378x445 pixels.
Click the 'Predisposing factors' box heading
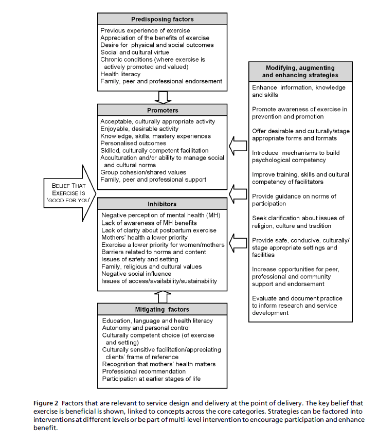click(162, 19)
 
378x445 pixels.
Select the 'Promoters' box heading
click(162, 110)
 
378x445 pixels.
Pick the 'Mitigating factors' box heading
click(162, 309)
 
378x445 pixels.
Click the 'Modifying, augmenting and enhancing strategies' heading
click(300, 72)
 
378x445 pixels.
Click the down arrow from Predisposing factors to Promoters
click(163, 96)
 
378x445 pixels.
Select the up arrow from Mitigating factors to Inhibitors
click(163, 296)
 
